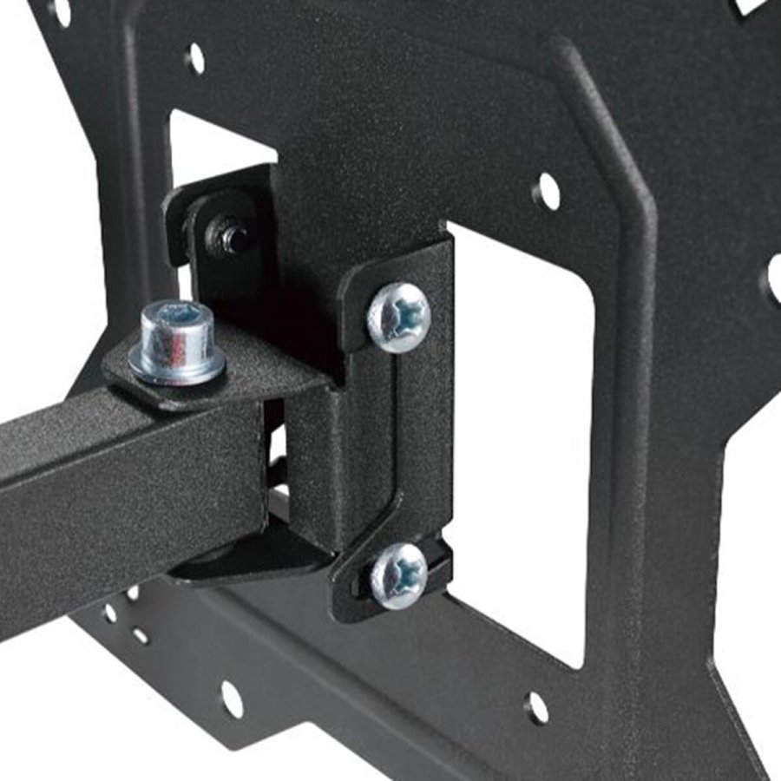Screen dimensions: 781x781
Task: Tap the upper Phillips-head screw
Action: [399, 317]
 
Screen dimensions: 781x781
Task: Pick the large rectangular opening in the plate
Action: [521, 434]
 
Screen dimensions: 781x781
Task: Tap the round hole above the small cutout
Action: [196, 59]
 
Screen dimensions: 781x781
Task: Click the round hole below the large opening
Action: [537, 707]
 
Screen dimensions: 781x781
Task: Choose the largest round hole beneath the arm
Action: [232, 698]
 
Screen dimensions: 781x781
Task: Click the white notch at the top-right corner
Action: [753, 7]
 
